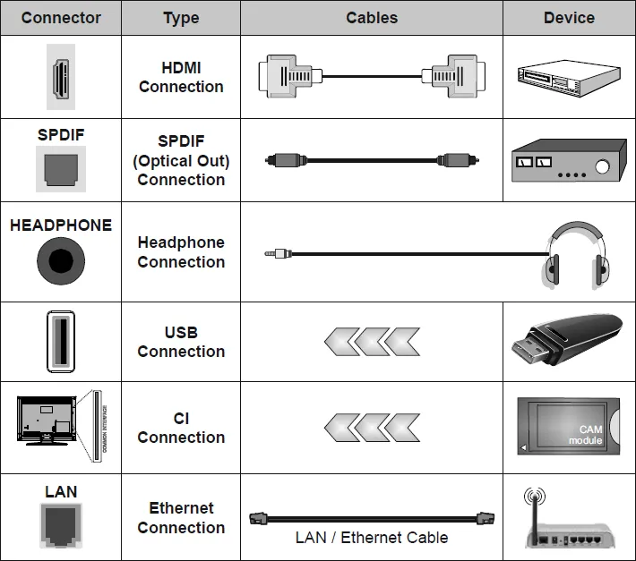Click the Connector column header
tap(61, 18)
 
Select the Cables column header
tap(372, 18)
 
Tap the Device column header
tap(569, 18)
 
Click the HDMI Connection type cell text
tap(181, 77)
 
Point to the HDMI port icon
tap(61, 77)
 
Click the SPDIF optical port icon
tap(61, 168)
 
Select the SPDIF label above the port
tap(61, 135)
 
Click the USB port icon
tap(61, 342)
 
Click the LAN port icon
tap(61, 526)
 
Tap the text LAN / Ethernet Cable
tap(372, 538)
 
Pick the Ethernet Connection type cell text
tap(181, 517)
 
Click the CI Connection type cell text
tap(181, 428)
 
